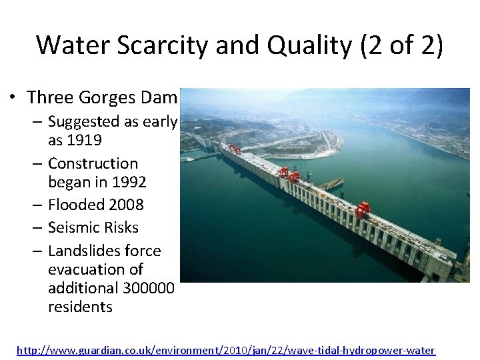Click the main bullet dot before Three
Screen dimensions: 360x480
[x=13, y=98]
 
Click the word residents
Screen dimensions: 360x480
[x=80, y=307]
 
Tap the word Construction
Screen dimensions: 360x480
[x=93, y=163]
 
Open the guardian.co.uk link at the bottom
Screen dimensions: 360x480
[x=225, y=349]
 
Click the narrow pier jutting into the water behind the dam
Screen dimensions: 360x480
[x=331, y=183]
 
